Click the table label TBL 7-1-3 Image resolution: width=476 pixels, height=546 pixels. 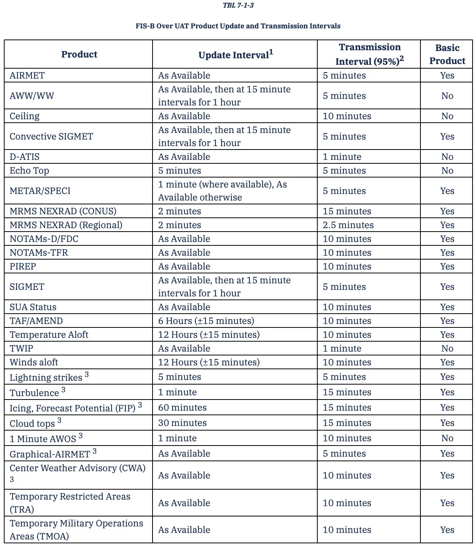pyautogui.click(x=238, y=5)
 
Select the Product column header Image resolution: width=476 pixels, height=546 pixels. pyautogui.click(x=79, y=54)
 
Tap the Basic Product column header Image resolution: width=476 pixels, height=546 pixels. pyautogui.click(x=447, y=54)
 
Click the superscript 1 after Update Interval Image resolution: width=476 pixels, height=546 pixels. pyautogui.click(x=271, y=52)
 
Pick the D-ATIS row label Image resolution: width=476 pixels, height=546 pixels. pyautogui.click(x=25, y=157)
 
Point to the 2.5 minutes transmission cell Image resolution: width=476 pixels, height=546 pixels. pyautogui.click(x=348, y=225)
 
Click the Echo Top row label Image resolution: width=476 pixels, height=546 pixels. pyautogui.click(x=29, y=171)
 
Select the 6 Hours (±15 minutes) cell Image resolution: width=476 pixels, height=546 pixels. pyautogui.click(x=206, y=321)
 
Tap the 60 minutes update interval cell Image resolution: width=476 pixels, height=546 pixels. pyautogui.click(x=182, y=408)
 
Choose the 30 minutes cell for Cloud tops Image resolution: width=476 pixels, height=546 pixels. pyautogui.click(x=182, y=423)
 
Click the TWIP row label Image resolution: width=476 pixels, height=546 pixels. pyautogui.click(x=21, y=349)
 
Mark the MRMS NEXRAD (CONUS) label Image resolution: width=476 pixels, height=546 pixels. pyautogui.click(x=63, y=211)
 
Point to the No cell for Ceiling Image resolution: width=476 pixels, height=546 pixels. pyautogui.click(x=447, y=116)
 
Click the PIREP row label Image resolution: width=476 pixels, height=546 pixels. pyautogui.click(x=23, y=266)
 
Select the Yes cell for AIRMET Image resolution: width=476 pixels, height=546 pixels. pyautogui.click(x=447, y=76)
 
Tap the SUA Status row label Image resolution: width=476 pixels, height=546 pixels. pyautogui.click(x=33, y=307)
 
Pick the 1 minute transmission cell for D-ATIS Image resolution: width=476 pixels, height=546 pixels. pyautogui.click(x=342, y=157)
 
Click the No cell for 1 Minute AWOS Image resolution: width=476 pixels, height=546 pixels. pyautogui.click(x=447, y=438)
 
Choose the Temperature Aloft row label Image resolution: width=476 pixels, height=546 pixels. pyautogui.click(x=49, y=335)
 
